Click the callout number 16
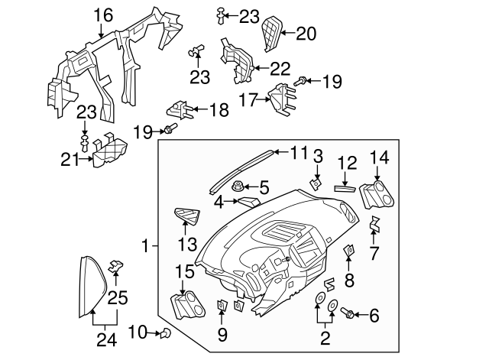tap(102, 14)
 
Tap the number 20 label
tap(306, 33)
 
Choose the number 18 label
tap(219, 110)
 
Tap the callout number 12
tap(347, 162)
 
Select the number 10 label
tap(136, 332)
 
